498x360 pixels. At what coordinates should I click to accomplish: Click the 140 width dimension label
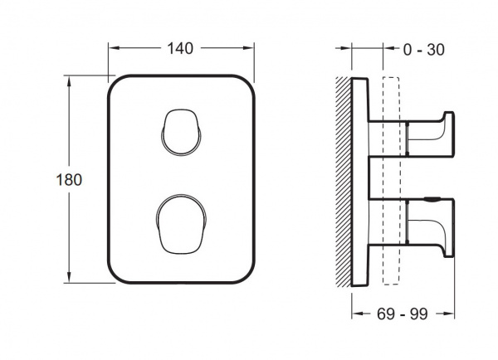pos(180,49)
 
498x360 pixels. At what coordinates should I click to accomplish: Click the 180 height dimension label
pos(69,180)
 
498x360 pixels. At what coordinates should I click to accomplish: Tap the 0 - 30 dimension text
pos(423,50)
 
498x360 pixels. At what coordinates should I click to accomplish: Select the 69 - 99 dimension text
pos(402,314)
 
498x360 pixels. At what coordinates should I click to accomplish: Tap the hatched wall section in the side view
pos(344,182)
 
